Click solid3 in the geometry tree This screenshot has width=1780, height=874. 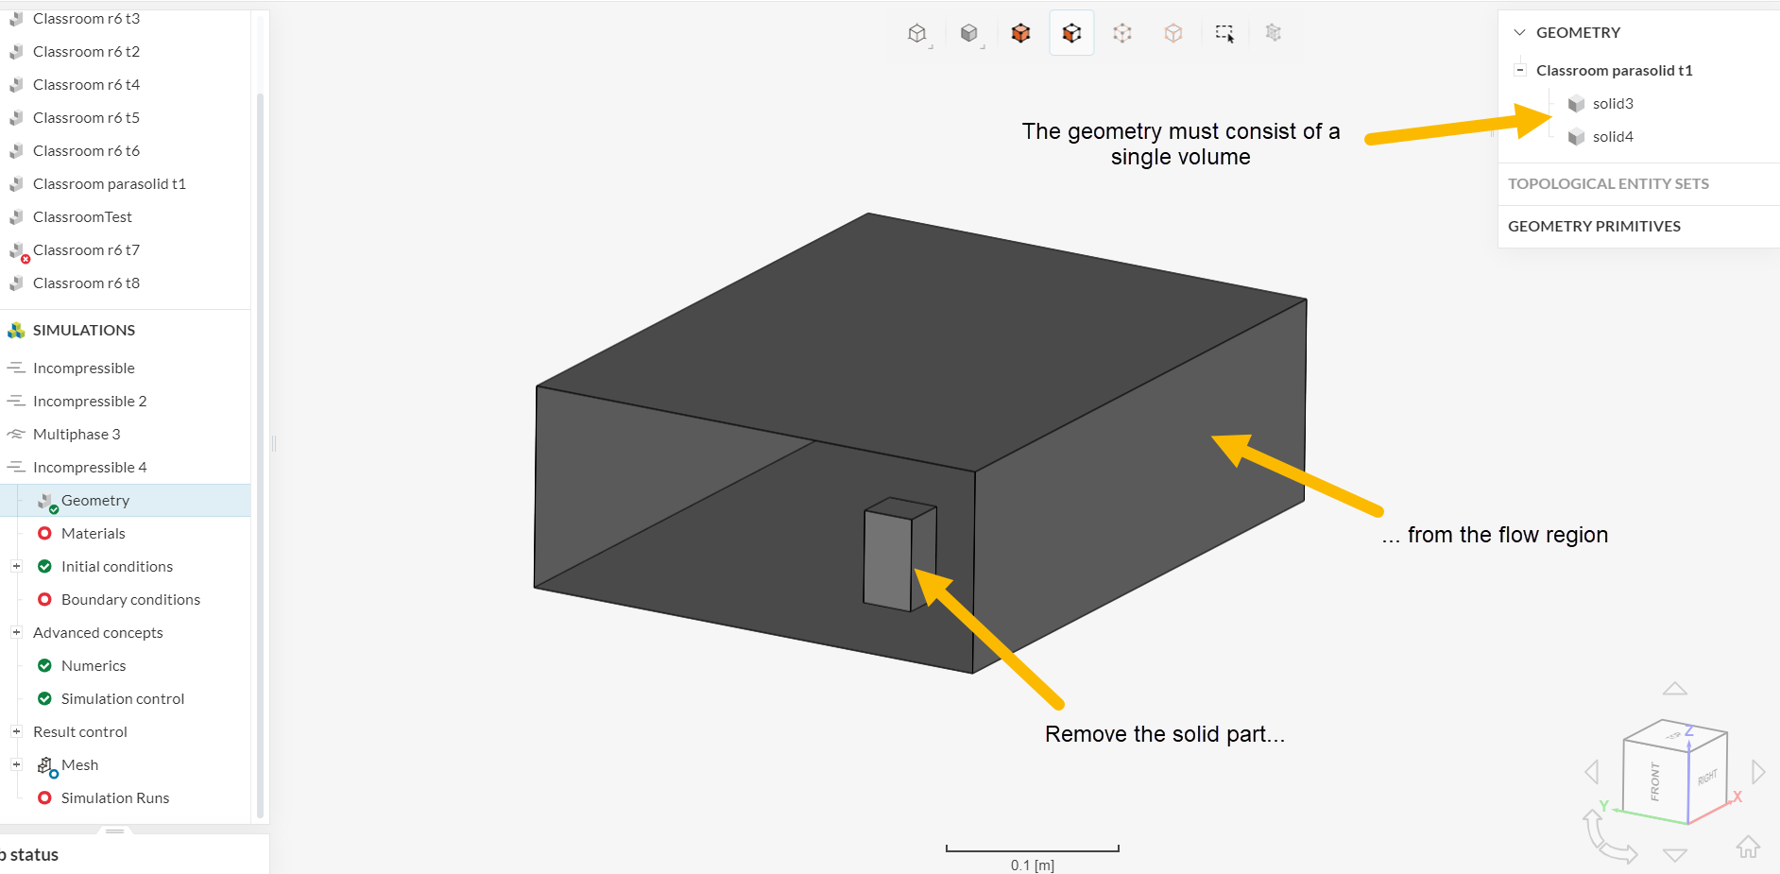[1612, 104]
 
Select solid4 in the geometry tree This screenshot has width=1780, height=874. [1612, 137]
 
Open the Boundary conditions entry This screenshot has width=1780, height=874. [130, 600]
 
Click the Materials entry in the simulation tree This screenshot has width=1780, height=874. [93, 534]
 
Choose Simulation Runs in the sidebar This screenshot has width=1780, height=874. [114, 798]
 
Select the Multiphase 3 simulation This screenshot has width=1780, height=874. [77, 435]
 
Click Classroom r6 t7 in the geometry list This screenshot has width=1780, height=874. [86, 250]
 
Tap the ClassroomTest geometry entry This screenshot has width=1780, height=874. [82, 217]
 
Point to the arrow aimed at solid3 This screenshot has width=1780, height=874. [1455, 128]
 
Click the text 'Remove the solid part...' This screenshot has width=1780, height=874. [1164, 734]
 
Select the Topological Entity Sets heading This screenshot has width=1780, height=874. [1608, 184]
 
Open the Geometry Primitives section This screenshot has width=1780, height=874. [1594, 227]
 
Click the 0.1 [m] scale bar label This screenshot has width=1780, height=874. [1032, 865]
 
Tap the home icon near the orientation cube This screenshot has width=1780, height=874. [1748, 847]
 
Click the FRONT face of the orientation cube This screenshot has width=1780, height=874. [1654, 781]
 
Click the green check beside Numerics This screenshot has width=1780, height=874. [44, 666]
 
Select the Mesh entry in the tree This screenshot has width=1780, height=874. [79, 765]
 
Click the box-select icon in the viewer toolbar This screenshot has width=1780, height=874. [1224, 34]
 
